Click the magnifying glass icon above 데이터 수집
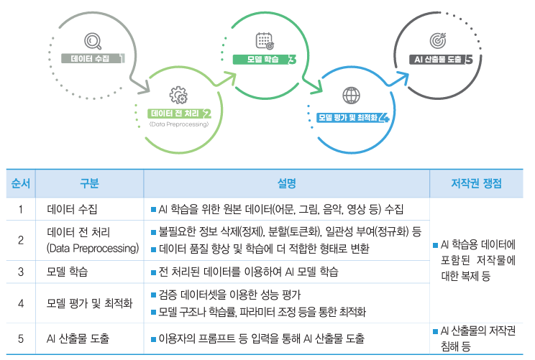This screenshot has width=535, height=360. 93,40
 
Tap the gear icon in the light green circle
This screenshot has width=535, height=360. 178,95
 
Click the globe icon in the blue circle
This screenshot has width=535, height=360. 351,95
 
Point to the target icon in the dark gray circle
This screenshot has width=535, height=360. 438,40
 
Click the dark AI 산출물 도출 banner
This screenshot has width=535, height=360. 439,60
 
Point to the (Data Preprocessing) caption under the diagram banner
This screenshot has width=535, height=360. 178,124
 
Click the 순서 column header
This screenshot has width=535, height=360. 21,183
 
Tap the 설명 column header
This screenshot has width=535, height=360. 285,183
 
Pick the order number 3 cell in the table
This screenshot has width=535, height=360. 21,272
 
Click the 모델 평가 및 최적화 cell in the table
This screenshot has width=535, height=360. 90,303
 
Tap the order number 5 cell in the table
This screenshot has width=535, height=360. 21,338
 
